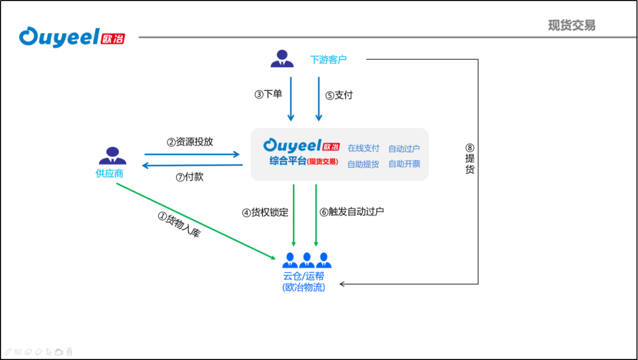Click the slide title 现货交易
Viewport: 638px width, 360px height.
point(571,25)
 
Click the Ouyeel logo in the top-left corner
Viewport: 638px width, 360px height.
point(71,37)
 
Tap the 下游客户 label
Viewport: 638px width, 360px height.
point(328,59)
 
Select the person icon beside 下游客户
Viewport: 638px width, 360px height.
point(282,58)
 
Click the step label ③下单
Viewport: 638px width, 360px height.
point(268,95)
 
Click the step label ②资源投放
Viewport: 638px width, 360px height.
point(190,142)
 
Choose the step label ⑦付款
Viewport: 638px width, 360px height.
point(190,177)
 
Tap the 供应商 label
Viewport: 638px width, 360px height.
point(110,173)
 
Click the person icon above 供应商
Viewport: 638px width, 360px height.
point(112,155)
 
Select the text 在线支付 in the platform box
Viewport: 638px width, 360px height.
point(363,148)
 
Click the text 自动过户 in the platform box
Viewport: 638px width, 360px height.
point(404,148)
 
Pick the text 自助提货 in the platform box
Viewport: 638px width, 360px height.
point(363,164)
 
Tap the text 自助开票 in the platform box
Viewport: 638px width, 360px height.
point(404,164)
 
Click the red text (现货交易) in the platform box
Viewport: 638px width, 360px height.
point(323,161)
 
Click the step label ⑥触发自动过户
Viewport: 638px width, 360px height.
point(351,212)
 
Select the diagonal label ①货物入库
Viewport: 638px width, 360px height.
point(180,225)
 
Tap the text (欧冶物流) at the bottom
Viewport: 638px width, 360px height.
point(304,287)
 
